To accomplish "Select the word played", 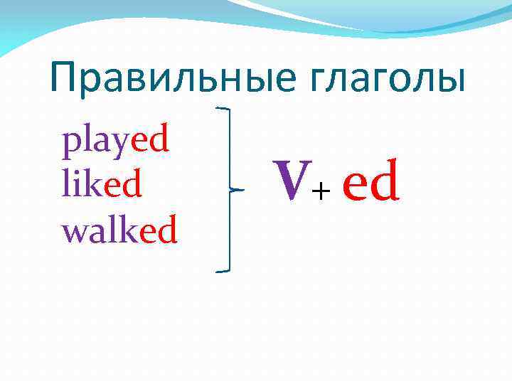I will click(115, 142).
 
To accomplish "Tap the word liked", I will click(102, 186).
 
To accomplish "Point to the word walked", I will click(119, 230).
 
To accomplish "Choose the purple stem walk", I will click(100, 230).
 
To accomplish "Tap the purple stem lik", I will click(83, 186).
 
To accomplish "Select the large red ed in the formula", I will click(370, 182).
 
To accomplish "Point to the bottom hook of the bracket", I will click(223, 271).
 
